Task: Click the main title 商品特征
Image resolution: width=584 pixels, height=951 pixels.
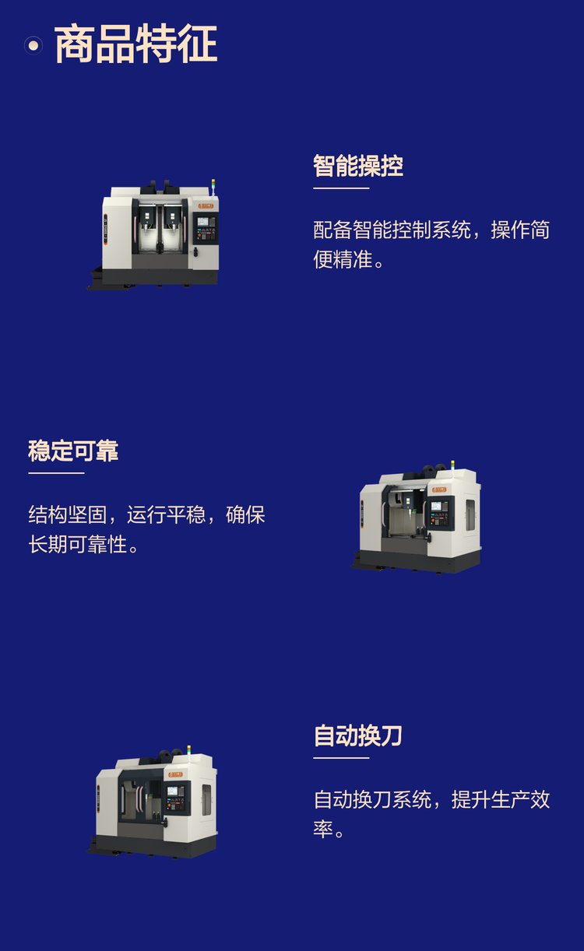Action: (136, 44)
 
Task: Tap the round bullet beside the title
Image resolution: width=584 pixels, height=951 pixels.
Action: (33, 45)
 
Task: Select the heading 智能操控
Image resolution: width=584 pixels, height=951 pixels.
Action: (358, 166)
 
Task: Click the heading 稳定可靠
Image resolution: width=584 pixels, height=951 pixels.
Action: (73, 451)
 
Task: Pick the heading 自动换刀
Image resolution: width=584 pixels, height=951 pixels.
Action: (357, 735)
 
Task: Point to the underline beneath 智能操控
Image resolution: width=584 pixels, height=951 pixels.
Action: (341, 188)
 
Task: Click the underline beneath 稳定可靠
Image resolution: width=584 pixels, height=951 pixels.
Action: (56, 473)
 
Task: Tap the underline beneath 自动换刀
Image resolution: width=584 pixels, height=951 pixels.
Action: (341, 758)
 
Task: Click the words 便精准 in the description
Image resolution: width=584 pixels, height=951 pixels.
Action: (343, 259)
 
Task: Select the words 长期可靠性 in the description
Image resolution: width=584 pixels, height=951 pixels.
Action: (78, 544)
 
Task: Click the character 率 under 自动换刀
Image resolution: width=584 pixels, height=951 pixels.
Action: (323, 829)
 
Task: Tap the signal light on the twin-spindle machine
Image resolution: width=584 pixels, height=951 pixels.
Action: (213, 186)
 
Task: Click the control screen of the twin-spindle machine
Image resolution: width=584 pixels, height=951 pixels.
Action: (203, 221)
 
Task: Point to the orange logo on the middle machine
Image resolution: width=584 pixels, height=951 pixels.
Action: (439, 490)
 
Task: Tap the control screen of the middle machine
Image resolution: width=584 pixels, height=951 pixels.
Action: (436, 506)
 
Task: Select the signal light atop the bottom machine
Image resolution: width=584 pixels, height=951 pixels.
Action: (189, 751)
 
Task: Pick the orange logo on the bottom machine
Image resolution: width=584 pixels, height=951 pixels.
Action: (175, 775)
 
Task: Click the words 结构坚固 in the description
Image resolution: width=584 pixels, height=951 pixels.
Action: (67, 514)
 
